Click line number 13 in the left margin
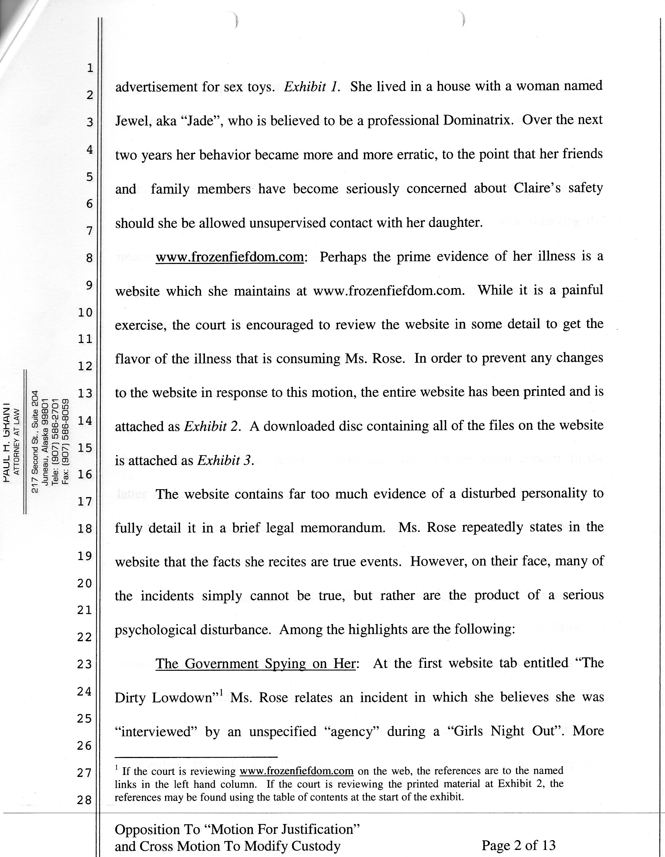click(84, 393)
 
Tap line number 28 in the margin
click(84, 800)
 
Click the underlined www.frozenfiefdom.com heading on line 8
click(230, 257)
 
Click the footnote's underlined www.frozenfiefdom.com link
click(296, 771)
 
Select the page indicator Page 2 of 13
click(518, 844)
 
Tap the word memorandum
click(342, 528)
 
